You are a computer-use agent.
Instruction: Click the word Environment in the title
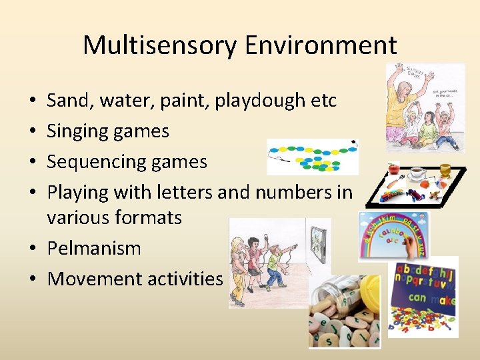click(x=321, y=45)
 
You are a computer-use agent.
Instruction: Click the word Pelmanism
click(x=94, y=249)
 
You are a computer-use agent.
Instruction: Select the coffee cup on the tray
click(x=417, y=173)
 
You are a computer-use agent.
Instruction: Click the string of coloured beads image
click(x=312, y=157)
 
